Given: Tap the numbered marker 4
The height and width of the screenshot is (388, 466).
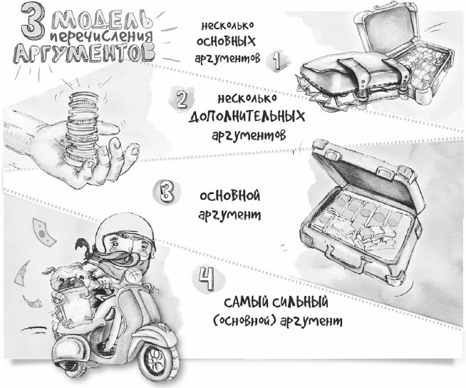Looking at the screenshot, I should tap(206, 280).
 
